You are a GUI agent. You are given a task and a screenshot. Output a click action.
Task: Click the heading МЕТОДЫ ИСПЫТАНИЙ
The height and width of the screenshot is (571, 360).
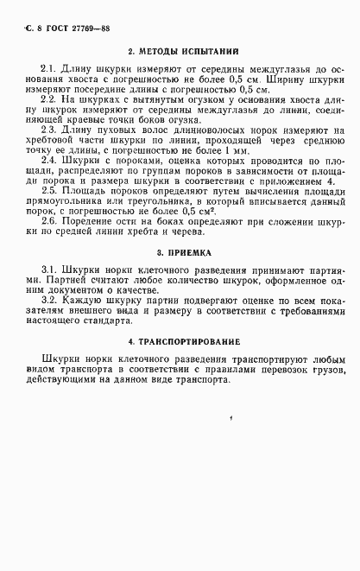tap(180, 50)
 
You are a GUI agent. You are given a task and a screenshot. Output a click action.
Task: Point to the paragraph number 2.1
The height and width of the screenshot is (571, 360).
tap(48, 67)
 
